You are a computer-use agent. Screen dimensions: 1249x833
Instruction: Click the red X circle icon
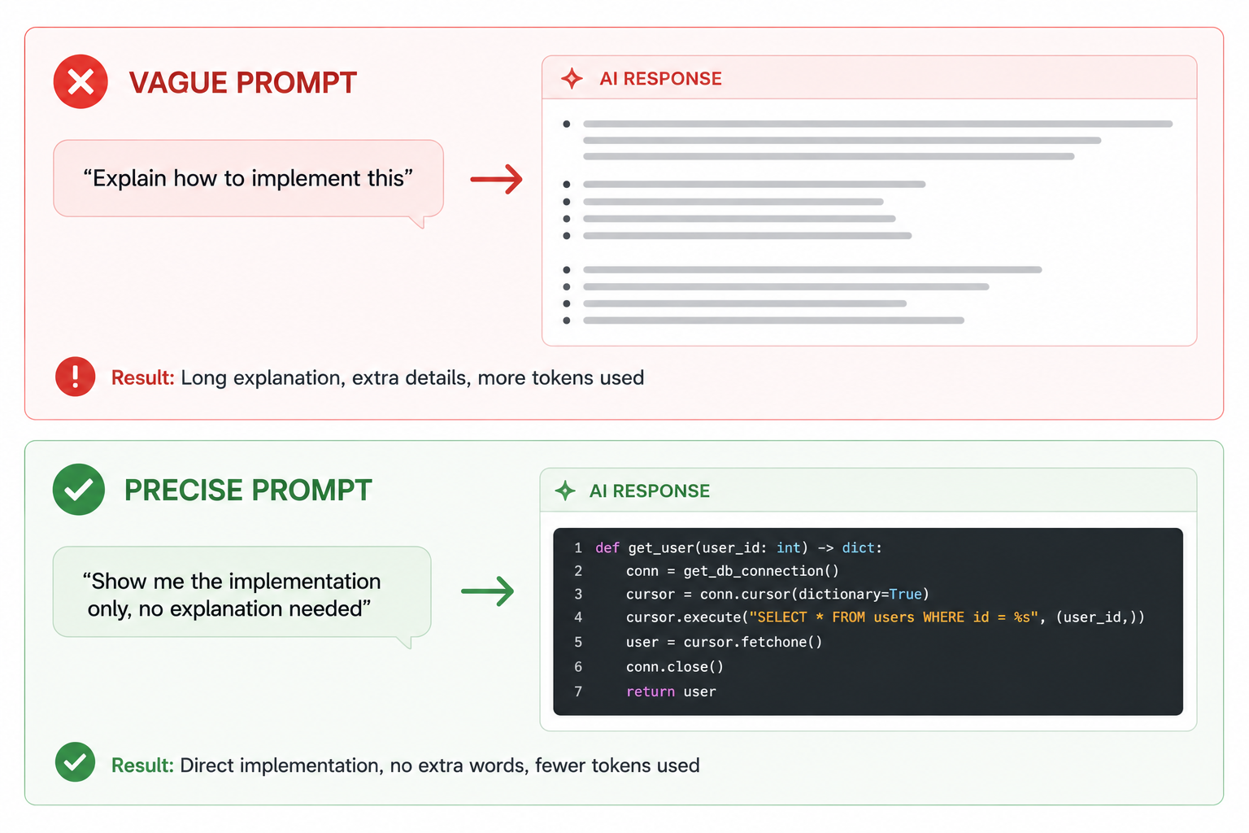coord(81,81)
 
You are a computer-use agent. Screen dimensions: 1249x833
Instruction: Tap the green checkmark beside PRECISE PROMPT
coord(79,490)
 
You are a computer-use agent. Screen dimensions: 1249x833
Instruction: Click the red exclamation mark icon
coord(76,377)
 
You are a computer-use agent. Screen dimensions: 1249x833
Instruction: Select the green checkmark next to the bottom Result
coord(76,762)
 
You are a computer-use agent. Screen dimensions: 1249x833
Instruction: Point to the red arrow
coord(496,179)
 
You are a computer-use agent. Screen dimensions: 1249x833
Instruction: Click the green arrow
coord(487,591)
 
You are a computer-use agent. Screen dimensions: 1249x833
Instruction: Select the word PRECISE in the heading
coord(184,490)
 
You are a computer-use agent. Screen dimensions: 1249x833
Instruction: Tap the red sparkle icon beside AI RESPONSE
coord(572,78)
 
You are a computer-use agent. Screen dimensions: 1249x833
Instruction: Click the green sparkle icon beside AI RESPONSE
coord(565,491)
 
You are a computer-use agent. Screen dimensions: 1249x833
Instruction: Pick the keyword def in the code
coord(607,548)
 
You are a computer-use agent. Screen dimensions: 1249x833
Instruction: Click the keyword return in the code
coord(651,691)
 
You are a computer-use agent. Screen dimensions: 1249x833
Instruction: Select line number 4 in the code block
coord(578,617)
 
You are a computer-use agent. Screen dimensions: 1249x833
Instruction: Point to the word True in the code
coord(906,594)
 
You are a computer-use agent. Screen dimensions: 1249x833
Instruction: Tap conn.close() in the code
coord(675,667)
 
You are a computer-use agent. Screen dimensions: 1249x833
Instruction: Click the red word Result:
coord(143,377)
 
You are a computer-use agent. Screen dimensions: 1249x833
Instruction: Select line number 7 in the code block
coord(578,691)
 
